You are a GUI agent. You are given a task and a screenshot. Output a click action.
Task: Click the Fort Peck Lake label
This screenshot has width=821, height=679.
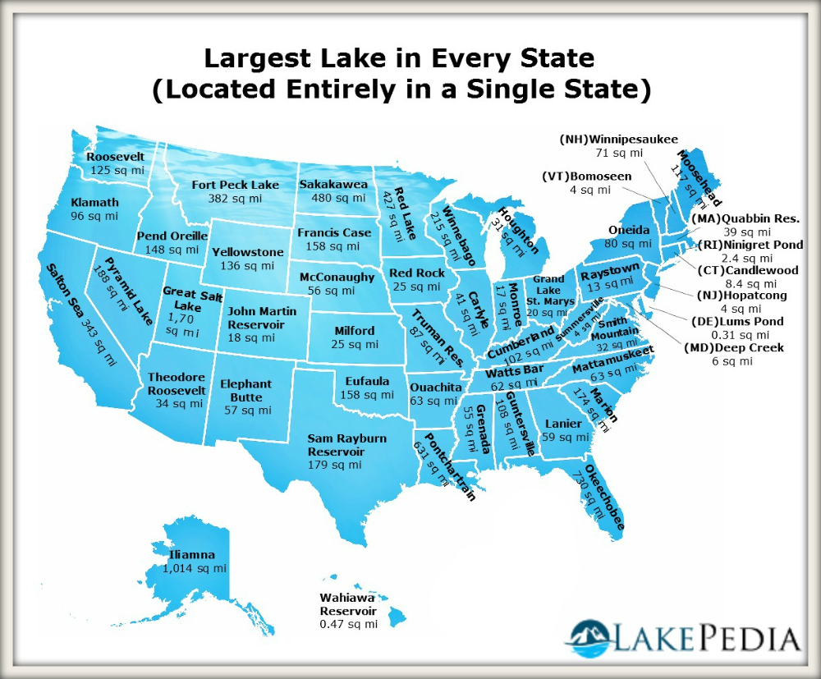click(x=236, y=185)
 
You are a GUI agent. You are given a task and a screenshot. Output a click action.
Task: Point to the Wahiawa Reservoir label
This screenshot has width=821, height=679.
click(x=348, y=605)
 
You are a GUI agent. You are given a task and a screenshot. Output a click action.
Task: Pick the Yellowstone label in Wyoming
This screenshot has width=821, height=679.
click(x=247, y=252)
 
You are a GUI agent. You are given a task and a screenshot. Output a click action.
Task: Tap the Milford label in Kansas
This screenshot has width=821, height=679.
click(x=355, y=331)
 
